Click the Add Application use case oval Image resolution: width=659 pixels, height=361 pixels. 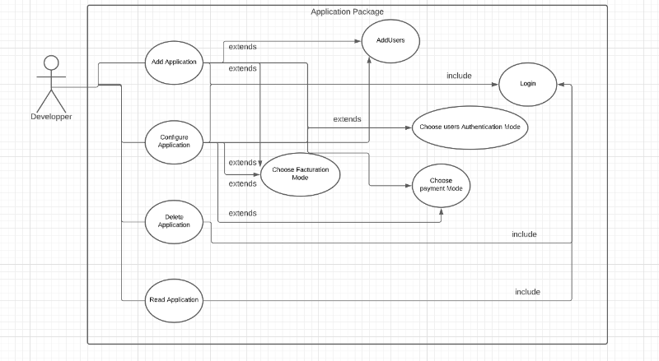point(174,62)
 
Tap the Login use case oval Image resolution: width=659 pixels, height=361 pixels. point(528,84)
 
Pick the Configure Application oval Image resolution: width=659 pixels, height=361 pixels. point(174,140)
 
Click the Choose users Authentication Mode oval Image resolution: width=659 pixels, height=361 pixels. point(468,127)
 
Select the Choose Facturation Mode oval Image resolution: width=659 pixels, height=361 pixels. point(300,174)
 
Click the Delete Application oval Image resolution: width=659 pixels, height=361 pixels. point(173,220)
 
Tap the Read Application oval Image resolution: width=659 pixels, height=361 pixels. point(174,299)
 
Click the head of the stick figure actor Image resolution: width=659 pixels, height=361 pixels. point(51,63)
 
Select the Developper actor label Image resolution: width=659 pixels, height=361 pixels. point(51,117)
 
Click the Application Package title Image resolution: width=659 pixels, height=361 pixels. point(347,12)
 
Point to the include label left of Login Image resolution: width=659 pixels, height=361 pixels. point(459,76)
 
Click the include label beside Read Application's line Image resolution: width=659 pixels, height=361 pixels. point(527,292)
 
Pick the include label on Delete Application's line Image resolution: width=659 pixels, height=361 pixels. point(524,234)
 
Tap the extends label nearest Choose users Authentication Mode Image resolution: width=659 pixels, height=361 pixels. point(347,119)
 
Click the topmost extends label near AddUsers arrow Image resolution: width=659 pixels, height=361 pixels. point(242,47)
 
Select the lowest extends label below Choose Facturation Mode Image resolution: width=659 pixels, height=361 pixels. point(242,213)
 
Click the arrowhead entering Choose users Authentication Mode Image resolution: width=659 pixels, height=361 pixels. point(409,127)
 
